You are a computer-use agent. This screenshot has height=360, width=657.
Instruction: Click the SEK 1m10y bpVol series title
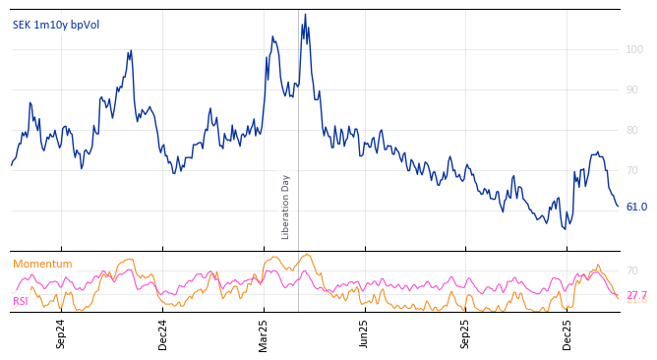click(x=56, y=25)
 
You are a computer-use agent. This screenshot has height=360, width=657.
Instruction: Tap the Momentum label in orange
click(x=42, y=264)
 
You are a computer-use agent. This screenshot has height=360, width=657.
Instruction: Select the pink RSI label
click(x=21, y=301)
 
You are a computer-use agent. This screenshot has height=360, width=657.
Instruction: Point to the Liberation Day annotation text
click(x=286, y=207)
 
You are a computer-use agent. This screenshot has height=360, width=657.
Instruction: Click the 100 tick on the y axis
click(x=634, y=49)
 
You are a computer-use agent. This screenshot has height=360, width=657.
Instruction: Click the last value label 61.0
click(x=636, y=207)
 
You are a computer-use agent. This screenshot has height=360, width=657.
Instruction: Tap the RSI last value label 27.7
click(x=636, y=295)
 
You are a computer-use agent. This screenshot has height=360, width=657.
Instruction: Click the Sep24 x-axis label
click(x=61, y=333)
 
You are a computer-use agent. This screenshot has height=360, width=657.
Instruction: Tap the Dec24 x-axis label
click(x=163, y=333)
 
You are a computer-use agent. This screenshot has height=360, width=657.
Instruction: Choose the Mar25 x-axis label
click(x=264, y=333)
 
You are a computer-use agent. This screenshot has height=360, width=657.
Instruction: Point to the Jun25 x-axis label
click(x=365, y=333)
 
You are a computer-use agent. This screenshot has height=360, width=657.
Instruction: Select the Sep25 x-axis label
click(x=466, y=333)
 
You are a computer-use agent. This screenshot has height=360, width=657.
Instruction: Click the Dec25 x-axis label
click(x=567, y=333)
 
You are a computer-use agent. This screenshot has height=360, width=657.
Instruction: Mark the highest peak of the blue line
click(x=305, y=15)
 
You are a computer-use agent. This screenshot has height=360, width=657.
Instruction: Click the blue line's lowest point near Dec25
click(x=565, y=229)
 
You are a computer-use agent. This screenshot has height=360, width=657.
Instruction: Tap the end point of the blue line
click(x=618, y=206)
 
